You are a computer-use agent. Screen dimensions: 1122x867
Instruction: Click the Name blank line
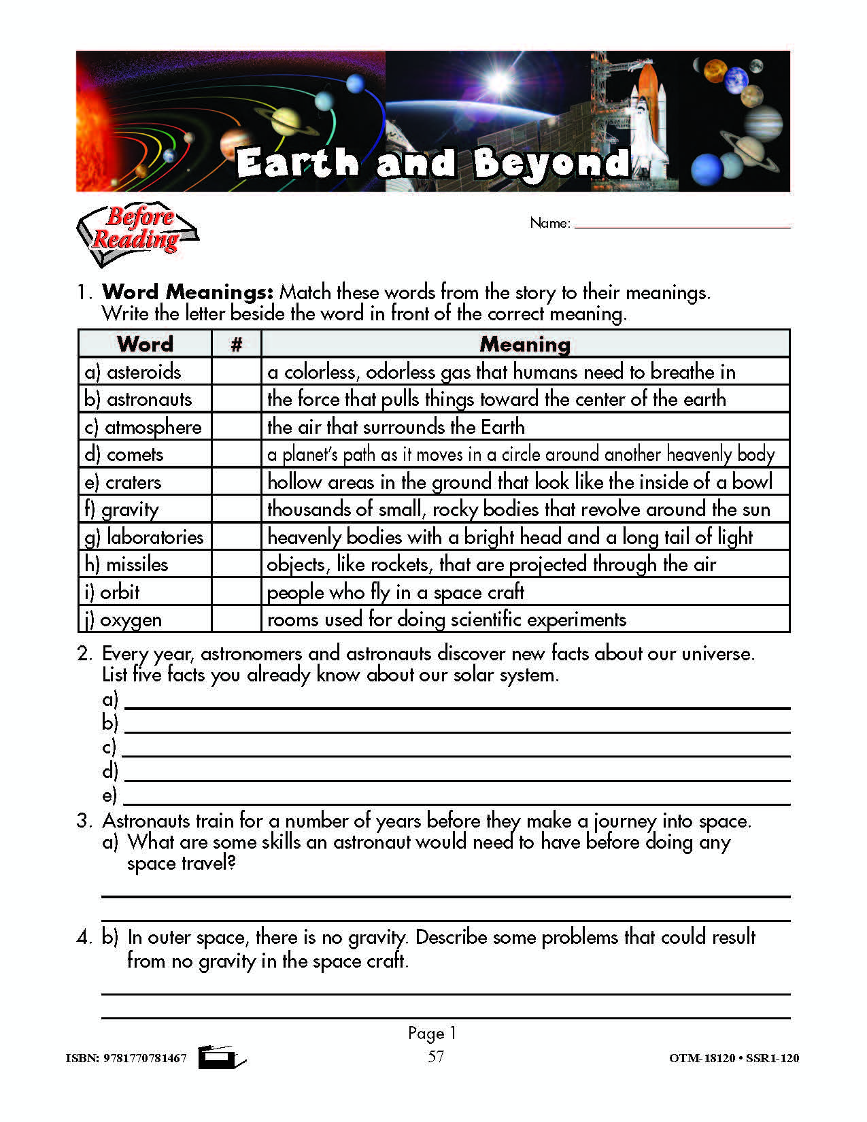coord(682,224)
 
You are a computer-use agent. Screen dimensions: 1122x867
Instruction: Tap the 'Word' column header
coord(145,344)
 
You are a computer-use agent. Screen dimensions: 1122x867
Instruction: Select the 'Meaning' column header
coord(525,344)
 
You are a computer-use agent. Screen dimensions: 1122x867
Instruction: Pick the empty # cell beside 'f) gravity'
coord(236,509)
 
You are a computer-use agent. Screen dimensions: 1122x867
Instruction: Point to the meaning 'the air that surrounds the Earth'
coord(396,427)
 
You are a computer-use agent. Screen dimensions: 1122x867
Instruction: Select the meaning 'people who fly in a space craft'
coord(395,592)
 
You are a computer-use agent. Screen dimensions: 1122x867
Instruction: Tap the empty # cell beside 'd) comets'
coord(236,454)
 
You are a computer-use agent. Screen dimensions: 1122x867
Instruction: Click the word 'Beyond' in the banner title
coord(551,163)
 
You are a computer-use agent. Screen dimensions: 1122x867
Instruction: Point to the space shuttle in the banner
coord(646,109)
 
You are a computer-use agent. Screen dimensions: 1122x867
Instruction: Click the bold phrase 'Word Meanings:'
coord(188,292)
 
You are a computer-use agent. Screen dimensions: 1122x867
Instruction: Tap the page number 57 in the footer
coord(436,1056)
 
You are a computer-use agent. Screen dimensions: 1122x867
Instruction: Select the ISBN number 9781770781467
coord(145,1058)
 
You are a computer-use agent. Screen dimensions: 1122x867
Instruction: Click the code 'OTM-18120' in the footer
coord(702,1058)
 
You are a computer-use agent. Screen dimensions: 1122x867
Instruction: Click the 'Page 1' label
coord(432,1033)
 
